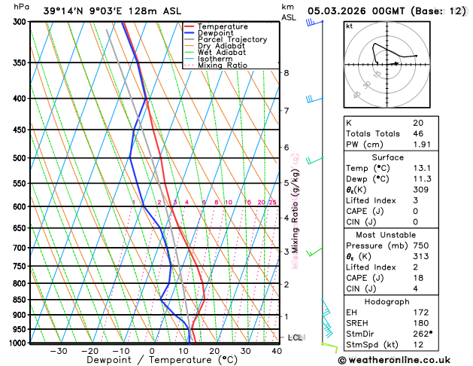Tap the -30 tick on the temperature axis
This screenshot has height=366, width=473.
point(58,350)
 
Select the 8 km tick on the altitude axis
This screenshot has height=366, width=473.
point(287,72)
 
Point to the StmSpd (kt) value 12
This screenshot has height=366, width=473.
point(418,345)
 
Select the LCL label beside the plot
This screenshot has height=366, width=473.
point(295,337)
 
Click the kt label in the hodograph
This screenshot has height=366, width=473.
point(349,26)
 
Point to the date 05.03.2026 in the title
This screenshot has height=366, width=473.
point(344,11)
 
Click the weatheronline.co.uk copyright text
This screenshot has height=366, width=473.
point(404,360)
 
